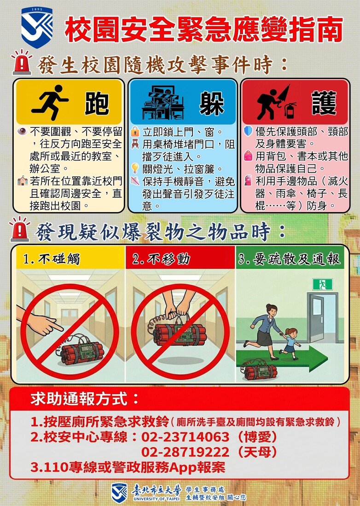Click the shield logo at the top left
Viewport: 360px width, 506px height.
[37, 27]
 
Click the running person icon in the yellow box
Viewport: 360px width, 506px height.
[49, 102]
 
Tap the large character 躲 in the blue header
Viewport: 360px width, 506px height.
[211, 103]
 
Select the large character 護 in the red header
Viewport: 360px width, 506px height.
[324, 103]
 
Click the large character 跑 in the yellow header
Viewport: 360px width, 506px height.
[97, 103]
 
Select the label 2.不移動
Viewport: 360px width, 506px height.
[161, 259]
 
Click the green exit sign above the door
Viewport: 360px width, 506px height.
[322, 284]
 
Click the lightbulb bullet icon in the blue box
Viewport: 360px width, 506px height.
[135, 168]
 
